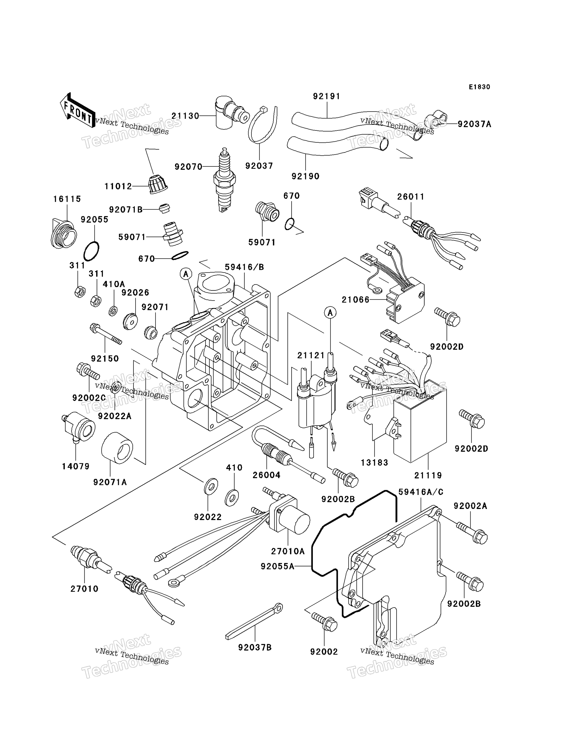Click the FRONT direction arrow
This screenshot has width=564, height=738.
coord(76,111)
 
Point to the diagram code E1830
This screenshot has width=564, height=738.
coord(479,87)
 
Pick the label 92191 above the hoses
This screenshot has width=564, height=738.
coord(326,97)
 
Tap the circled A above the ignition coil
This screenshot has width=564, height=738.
coord(330,313)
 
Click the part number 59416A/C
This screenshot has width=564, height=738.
coord(421,492)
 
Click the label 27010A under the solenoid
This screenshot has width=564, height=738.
coord(288,551)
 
